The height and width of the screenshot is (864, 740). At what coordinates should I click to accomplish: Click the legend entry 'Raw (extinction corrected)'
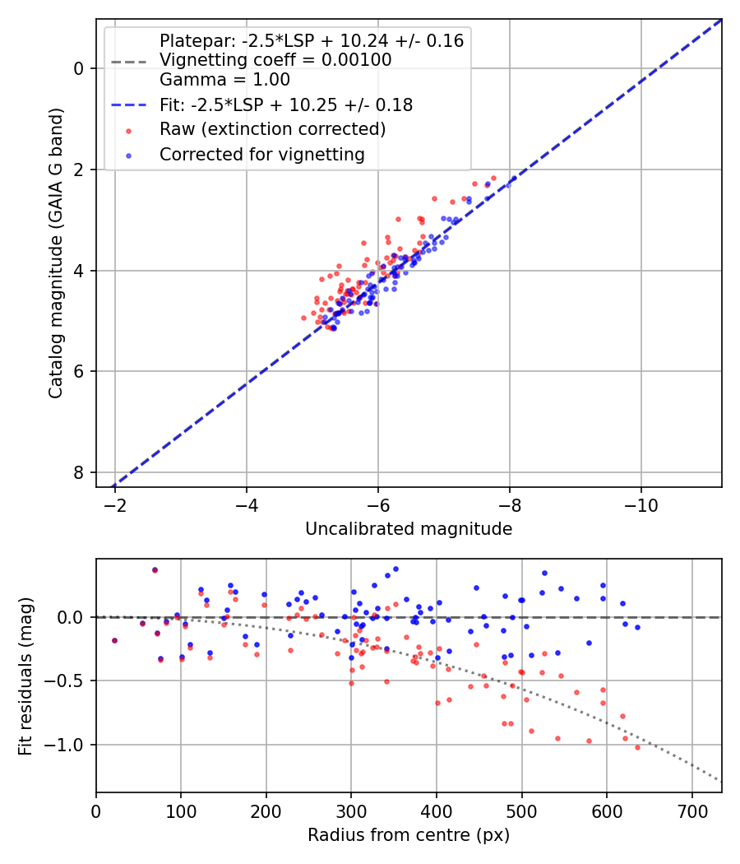coord(272,129)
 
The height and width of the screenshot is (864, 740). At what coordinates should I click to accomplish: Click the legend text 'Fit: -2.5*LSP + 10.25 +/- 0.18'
coord(285,105)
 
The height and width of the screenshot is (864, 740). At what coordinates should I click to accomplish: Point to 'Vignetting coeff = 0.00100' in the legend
coord(275,60)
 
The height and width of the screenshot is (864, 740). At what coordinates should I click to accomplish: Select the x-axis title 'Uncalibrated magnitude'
coord(409,529)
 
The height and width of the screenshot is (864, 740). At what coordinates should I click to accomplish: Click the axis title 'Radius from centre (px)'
coord(409,835)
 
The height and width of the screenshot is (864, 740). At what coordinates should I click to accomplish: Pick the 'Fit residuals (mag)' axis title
coord(25,676)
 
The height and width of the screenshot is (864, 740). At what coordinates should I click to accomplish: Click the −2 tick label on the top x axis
coord(115,504)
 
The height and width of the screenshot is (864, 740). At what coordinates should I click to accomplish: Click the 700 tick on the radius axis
coord(691,811)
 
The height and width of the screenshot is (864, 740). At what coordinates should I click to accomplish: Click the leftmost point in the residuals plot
coord(114,640)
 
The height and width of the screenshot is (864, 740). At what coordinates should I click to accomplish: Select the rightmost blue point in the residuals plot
coord(637,627)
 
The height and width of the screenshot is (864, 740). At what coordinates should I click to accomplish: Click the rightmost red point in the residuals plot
coord(637,747)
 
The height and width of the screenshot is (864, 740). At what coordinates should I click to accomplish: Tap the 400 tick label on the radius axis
coord(437,811)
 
